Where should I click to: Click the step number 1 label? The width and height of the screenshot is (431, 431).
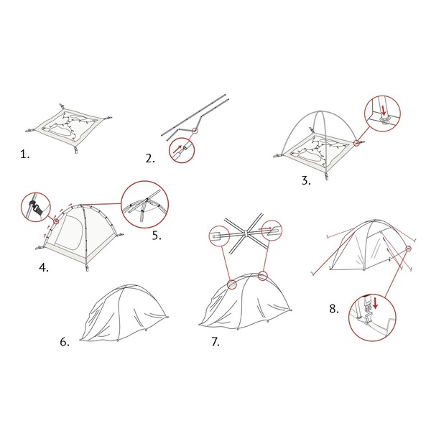point(24,154)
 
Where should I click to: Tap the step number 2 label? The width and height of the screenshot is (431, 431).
point(150,158)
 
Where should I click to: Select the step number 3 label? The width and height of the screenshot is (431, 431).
point(306,180)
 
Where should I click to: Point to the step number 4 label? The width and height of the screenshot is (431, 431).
point(44,267)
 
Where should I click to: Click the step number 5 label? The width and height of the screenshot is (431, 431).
point(157,236)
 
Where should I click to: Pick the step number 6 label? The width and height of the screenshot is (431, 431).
point(65,342)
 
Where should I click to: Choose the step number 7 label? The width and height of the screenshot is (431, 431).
point(215,342)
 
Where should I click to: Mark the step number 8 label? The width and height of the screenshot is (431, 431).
point(334,309)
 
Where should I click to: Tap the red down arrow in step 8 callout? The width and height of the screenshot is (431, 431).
point(375,302)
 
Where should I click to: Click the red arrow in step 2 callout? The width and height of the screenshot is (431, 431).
point(177,149)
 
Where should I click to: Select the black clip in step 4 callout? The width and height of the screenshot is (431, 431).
point(36,208)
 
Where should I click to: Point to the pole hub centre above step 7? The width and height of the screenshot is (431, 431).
point(246,233)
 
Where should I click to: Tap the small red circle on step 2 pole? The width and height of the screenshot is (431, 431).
point(195,130)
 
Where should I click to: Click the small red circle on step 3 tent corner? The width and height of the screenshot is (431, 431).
point(356,143)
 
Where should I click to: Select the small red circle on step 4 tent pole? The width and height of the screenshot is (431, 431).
point(56,221)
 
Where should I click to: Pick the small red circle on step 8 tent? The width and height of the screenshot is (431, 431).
point(409,249)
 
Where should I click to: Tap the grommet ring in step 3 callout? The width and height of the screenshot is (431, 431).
point(384,119)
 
